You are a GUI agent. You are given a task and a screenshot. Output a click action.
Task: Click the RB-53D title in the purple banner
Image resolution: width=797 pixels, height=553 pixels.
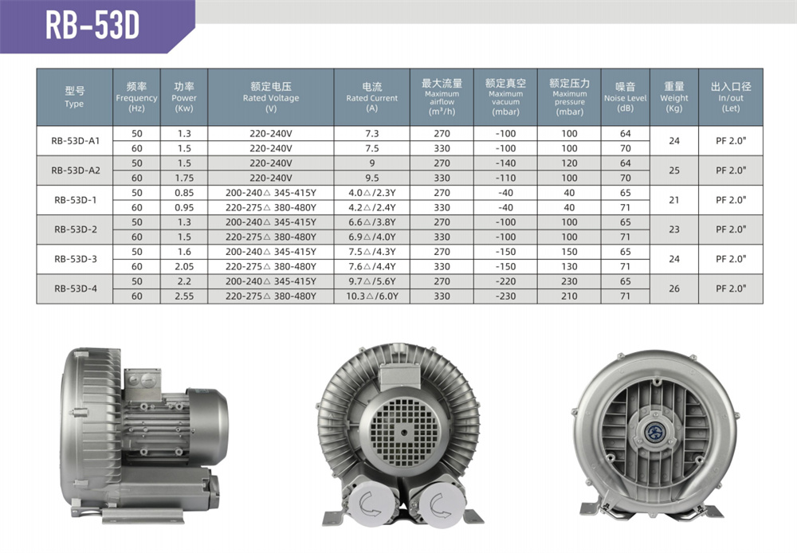click(92, 25)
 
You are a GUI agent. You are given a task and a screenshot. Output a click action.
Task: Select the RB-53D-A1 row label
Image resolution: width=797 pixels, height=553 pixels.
click(75, 141)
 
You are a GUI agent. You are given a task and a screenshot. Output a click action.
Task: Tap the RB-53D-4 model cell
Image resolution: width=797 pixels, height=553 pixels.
click(75, 288)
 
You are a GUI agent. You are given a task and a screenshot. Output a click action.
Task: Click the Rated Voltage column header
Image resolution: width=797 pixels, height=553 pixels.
click(271, 97)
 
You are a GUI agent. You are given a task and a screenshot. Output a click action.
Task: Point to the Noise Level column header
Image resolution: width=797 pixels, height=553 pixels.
click(625, 97)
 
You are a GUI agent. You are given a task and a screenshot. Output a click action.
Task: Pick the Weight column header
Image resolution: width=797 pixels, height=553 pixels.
click(674, 97)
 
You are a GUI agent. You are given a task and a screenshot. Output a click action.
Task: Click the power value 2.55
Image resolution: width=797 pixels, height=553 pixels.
click(184, 296)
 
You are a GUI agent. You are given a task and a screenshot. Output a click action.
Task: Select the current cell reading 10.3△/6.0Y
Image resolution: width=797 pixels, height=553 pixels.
click(372, 296)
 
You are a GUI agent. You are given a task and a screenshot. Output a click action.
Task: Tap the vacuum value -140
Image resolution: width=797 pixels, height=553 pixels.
click(505, 163)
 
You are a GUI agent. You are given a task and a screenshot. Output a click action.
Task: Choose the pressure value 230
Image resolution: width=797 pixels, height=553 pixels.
click(569, 281)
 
